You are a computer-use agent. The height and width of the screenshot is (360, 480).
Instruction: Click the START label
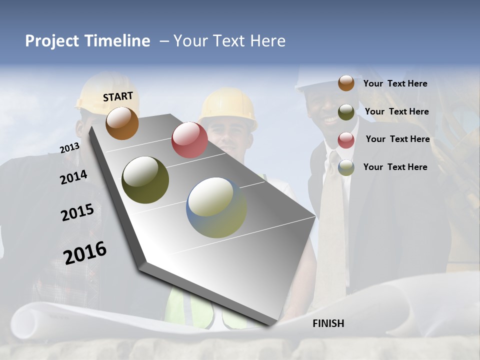click(118, 96)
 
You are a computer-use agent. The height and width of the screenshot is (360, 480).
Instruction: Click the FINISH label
click(328, 323)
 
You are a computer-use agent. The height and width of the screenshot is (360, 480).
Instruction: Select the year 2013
click(69, 148)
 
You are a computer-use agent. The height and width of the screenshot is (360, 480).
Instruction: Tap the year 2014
click(73, 177)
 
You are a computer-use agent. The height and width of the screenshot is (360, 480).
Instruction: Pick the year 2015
click(77, 212)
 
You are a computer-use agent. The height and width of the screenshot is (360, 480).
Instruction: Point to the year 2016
click(85, 252)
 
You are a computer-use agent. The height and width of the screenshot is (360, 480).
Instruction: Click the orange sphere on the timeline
click(122, 123)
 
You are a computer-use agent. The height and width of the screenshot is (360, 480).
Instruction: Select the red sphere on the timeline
click(189, 139)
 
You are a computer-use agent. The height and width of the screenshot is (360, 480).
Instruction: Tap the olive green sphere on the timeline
click(145, 180)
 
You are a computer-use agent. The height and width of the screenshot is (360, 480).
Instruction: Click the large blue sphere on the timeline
click(216, 207)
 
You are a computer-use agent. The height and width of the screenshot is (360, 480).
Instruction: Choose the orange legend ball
click(346, 83)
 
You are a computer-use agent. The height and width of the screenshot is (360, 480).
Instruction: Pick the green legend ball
click(346, 112)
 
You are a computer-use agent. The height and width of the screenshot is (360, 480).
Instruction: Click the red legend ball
click(346, 140)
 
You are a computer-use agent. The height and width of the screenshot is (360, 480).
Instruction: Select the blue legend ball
click(346, 167)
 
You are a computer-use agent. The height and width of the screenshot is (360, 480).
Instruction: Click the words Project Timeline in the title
click(87, 41)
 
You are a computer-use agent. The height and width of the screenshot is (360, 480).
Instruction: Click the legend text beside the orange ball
click(395, 83)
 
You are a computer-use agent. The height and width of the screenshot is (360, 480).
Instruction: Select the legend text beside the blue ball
click(395, 167)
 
